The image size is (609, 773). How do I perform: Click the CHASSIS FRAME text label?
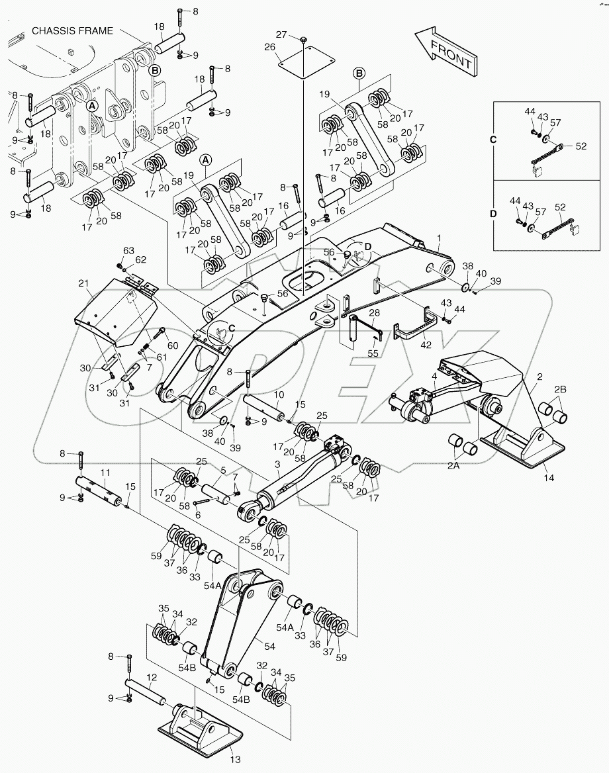71,30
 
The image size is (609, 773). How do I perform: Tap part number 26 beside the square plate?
269,47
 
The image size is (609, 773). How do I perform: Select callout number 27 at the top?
281,34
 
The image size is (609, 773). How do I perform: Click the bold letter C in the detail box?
492,140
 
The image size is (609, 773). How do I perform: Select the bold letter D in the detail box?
492,214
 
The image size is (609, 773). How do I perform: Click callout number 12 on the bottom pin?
152,678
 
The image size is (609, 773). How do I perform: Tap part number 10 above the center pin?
279,394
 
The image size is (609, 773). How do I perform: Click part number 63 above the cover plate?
128,250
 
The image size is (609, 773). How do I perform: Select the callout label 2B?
560,389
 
